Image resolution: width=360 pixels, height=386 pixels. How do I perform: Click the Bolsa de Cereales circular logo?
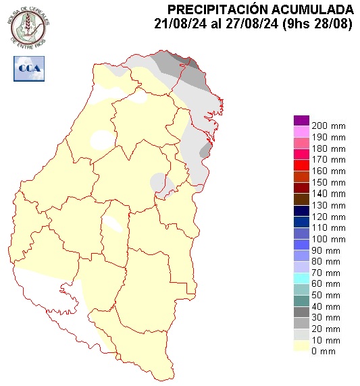[29, 26]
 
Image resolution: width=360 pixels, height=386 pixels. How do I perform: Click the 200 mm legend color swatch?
[301, 121]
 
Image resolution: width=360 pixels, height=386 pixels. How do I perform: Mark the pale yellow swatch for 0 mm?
[301, 346]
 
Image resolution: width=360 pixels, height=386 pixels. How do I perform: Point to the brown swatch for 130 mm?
[301, 200]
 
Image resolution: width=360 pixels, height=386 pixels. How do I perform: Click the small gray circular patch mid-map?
[159, 182]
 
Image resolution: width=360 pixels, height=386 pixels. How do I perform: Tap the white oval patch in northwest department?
[103, 139]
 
